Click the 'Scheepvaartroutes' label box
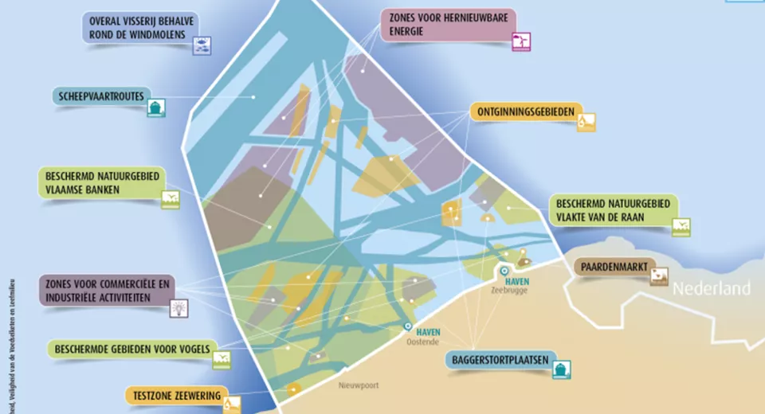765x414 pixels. pos(101,97)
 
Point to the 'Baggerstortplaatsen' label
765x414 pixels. pos(496,361)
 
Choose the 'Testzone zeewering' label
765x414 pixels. pos(173,396)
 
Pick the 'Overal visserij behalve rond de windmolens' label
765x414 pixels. pos(143,26)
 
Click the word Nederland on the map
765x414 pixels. pos(712,288)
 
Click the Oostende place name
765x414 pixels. pos(424,342)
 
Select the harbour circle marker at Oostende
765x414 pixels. pos(408,326)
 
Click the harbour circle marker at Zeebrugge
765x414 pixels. pos(504,271)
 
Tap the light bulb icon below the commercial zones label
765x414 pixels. pos(179,308)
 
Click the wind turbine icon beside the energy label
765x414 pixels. pos(520,41)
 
